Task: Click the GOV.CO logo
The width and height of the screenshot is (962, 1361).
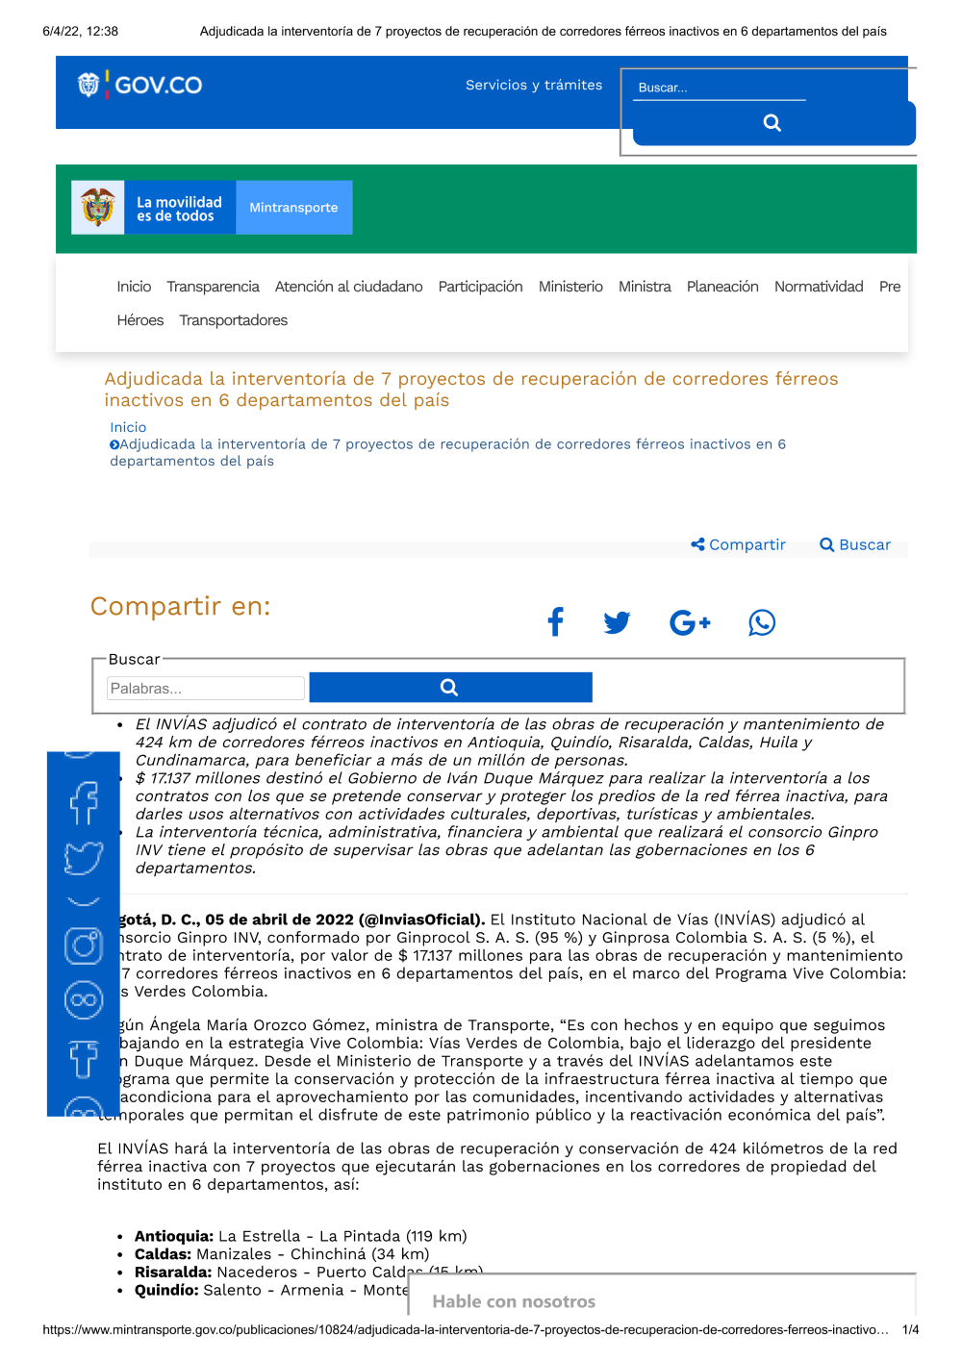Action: coord(140,85)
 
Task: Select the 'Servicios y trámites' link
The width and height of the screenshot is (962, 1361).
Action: coord(534,85)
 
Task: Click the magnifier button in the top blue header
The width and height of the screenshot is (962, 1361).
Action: coord(772,123)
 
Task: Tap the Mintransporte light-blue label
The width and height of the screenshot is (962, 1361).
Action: coord(293,207)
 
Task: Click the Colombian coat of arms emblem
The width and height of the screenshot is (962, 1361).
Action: coord(98,207)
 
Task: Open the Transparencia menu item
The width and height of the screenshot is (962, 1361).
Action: coord(213,287)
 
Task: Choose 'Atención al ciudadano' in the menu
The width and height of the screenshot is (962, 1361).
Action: coord(348,287)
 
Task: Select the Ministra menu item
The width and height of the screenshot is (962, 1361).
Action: coord(645,287)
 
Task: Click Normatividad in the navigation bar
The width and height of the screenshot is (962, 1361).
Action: coord(819,287)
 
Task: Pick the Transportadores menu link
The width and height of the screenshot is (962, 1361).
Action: coord(233,320)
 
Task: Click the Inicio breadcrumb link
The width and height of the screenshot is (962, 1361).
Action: coord(128,427)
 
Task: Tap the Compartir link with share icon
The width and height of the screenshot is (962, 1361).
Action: coord(739,544)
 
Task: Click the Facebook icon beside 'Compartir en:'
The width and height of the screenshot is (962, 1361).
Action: coord(555,622)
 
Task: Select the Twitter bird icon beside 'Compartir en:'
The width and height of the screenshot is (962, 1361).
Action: coord(617,622)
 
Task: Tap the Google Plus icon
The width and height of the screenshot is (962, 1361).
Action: coord(689,622)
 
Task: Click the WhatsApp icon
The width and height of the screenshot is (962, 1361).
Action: coord(762,622)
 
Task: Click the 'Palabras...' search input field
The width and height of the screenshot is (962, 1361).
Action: coord(205,688)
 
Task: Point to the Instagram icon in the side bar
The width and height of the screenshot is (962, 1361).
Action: coord(84,946)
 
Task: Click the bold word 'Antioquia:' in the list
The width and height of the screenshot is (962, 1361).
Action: coord(174,1236)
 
